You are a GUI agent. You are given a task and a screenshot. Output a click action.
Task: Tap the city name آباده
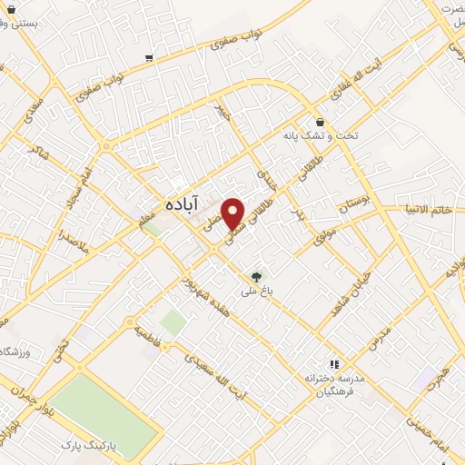[183, 206]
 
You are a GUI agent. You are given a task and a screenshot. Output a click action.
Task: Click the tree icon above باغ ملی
[256, 276]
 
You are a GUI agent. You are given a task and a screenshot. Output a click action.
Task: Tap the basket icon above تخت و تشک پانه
[320, 122]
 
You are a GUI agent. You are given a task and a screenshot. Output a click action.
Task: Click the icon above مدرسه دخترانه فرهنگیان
[333, 361]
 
